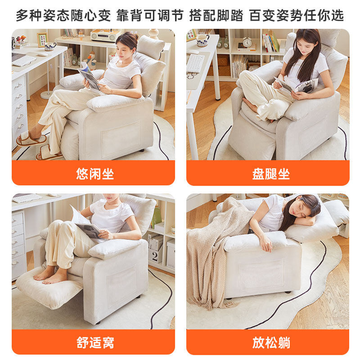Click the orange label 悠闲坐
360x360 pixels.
coord(95,174)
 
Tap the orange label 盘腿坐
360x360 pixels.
coord(271,174)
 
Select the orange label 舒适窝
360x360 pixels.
coord(95,342)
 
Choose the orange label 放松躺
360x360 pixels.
coord(271,342)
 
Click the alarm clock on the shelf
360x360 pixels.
coord(247,42)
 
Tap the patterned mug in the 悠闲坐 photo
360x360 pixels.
coord(50,46)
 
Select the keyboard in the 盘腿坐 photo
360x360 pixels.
coord(195,63)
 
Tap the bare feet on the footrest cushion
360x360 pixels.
coord(49,276)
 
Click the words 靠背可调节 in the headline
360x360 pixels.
coord(150,15)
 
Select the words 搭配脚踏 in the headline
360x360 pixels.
coord(216,15)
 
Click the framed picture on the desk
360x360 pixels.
coord(42,40)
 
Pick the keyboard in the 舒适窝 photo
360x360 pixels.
coord(27,198)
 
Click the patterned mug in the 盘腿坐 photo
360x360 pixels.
coord(202,40)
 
